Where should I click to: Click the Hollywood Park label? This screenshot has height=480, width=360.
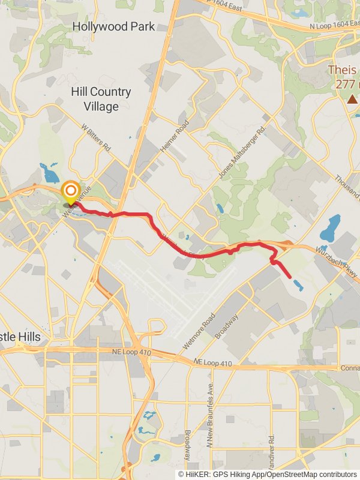113,26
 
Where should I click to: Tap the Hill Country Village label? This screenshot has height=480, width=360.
101,99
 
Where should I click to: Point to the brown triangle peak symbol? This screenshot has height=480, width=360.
352,98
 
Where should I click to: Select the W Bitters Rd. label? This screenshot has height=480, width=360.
96,138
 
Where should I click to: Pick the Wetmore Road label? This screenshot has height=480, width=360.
199,332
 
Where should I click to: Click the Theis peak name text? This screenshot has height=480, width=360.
343,70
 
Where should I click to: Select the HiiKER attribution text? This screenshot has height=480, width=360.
267,474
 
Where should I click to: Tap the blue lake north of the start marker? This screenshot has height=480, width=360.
47,173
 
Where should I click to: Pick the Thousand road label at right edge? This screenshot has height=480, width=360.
347,186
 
